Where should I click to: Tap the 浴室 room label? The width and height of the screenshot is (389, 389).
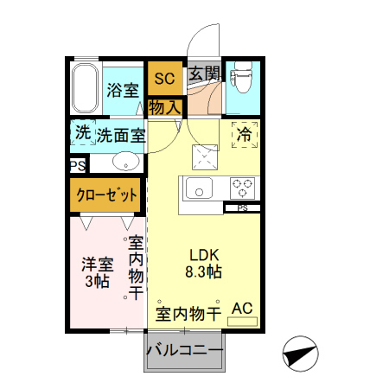coord(123,90)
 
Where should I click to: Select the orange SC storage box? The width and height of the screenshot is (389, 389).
coord(164,79)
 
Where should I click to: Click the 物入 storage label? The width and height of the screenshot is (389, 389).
coord(164,108)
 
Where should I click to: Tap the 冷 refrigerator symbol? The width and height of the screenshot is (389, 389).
coord(245,135)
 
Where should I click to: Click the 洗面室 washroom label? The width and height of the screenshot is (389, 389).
coord(120,135)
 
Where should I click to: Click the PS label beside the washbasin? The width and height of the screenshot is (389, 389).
coord(77,163)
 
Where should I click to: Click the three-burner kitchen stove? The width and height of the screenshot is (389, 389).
coord(240,187)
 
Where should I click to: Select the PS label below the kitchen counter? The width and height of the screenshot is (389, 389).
coord(242,207)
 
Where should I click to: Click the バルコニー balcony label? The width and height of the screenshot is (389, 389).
coord(184,350)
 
